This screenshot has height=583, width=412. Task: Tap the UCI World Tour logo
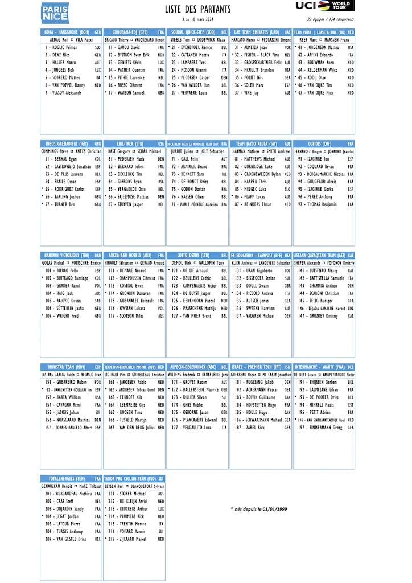coord(324,6)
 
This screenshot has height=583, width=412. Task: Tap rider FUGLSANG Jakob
coord(255,382)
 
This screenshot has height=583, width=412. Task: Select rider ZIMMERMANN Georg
coord(322,427)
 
